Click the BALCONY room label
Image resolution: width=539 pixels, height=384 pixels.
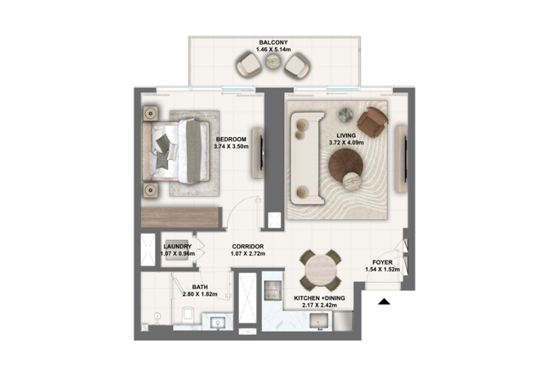pos(273,42)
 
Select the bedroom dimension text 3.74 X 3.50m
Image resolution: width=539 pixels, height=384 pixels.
pos(231,146)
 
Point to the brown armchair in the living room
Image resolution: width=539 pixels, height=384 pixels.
pos(372,122)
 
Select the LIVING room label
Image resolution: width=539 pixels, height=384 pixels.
pos(346,136)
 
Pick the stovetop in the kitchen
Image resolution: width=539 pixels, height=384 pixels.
pos(273,290)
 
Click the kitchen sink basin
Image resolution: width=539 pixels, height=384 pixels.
pos(319,321)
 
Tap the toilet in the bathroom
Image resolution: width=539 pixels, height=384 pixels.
pos(187,315)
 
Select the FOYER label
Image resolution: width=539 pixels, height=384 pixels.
pos(382,262)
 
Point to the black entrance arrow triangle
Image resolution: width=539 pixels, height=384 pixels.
pos(384,301)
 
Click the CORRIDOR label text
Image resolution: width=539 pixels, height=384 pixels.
pos(248,247)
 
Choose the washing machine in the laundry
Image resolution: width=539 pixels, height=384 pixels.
pos(177,250)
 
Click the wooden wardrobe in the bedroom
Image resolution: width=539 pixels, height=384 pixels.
pos(180,217)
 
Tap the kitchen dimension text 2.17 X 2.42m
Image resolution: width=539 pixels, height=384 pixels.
pos(319,305)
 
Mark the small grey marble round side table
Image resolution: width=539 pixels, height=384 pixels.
pos(346,115)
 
